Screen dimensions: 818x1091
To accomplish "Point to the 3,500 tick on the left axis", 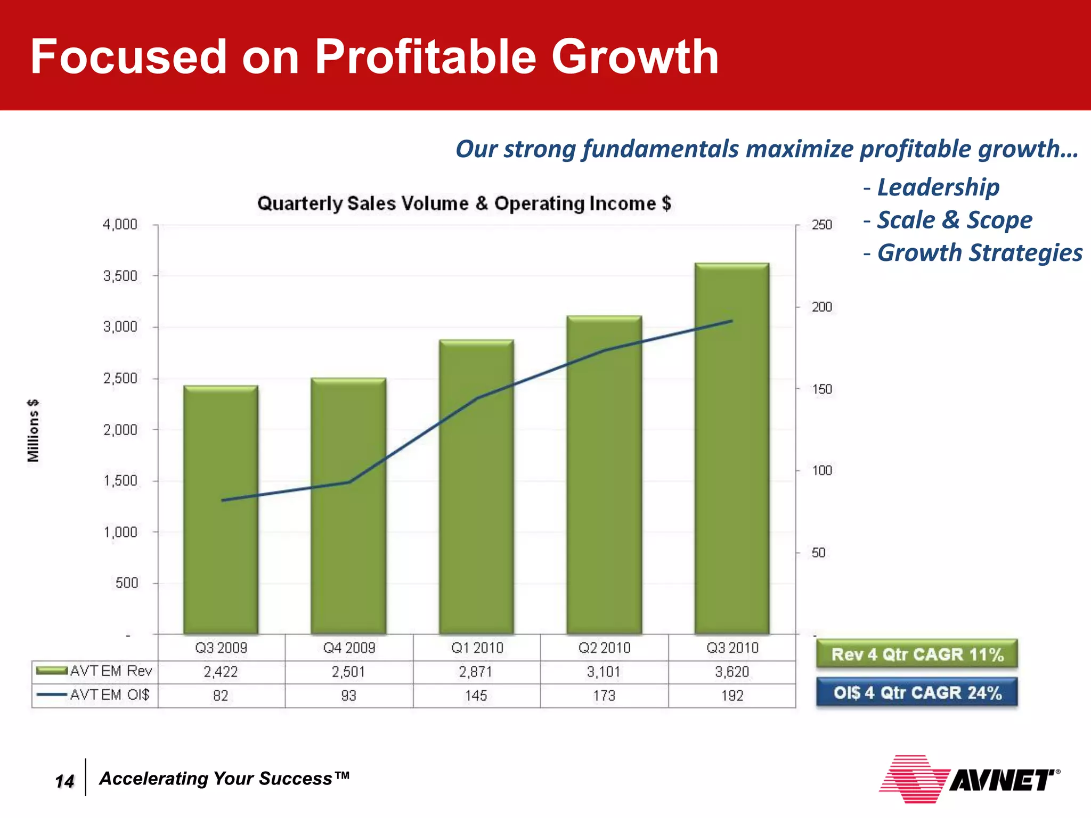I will [x=120, y=276].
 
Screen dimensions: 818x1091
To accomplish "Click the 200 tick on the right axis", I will [x=821, y=307].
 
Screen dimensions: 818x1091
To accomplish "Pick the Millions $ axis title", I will [x=34, y=430].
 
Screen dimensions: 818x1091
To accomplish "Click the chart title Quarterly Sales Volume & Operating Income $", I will [x=463, y=203].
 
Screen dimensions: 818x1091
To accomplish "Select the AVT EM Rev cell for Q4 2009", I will [x=348, y=672].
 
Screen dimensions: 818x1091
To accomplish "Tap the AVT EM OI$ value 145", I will [x=476, y=696].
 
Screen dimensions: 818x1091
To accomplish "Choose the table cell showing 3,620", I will [x=732, y=672].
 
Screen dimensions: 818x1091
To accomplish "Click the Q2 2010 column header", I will [x=604, y=648].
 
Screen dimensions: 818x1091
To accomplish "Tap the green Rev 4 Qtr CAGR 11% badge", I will [x=917, y=654].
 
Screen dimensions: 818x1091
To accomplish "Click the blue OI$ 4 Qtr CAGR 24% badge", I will [x=917, y=692].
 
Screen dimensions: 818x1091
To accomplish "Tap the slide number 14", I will [x=64, y=781].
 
